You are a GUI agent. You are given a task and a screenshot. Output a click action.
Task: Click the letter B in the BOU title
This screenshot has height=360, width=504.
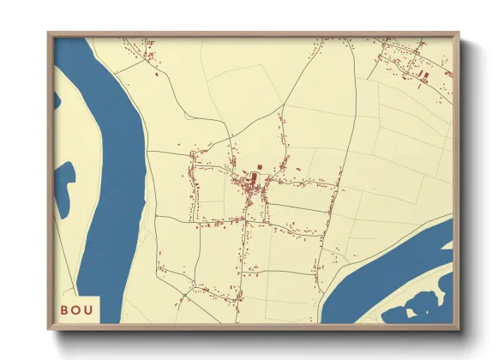[65, 309]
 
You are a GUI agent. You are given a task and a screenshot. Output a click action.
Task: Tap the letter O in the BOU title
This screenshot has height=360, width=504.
[77, 309]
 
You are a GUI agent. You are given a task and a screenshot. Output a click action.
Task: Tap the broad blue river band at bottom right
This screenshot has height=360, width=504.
[377, 274]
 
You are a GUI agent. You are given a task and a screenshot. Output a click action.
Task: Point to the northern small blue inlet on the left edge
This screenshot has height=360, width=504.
[57, 100]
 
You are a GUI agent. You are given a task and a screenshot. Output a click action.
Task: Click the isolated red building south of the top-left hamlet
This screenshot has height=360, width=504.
[157, 74]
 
